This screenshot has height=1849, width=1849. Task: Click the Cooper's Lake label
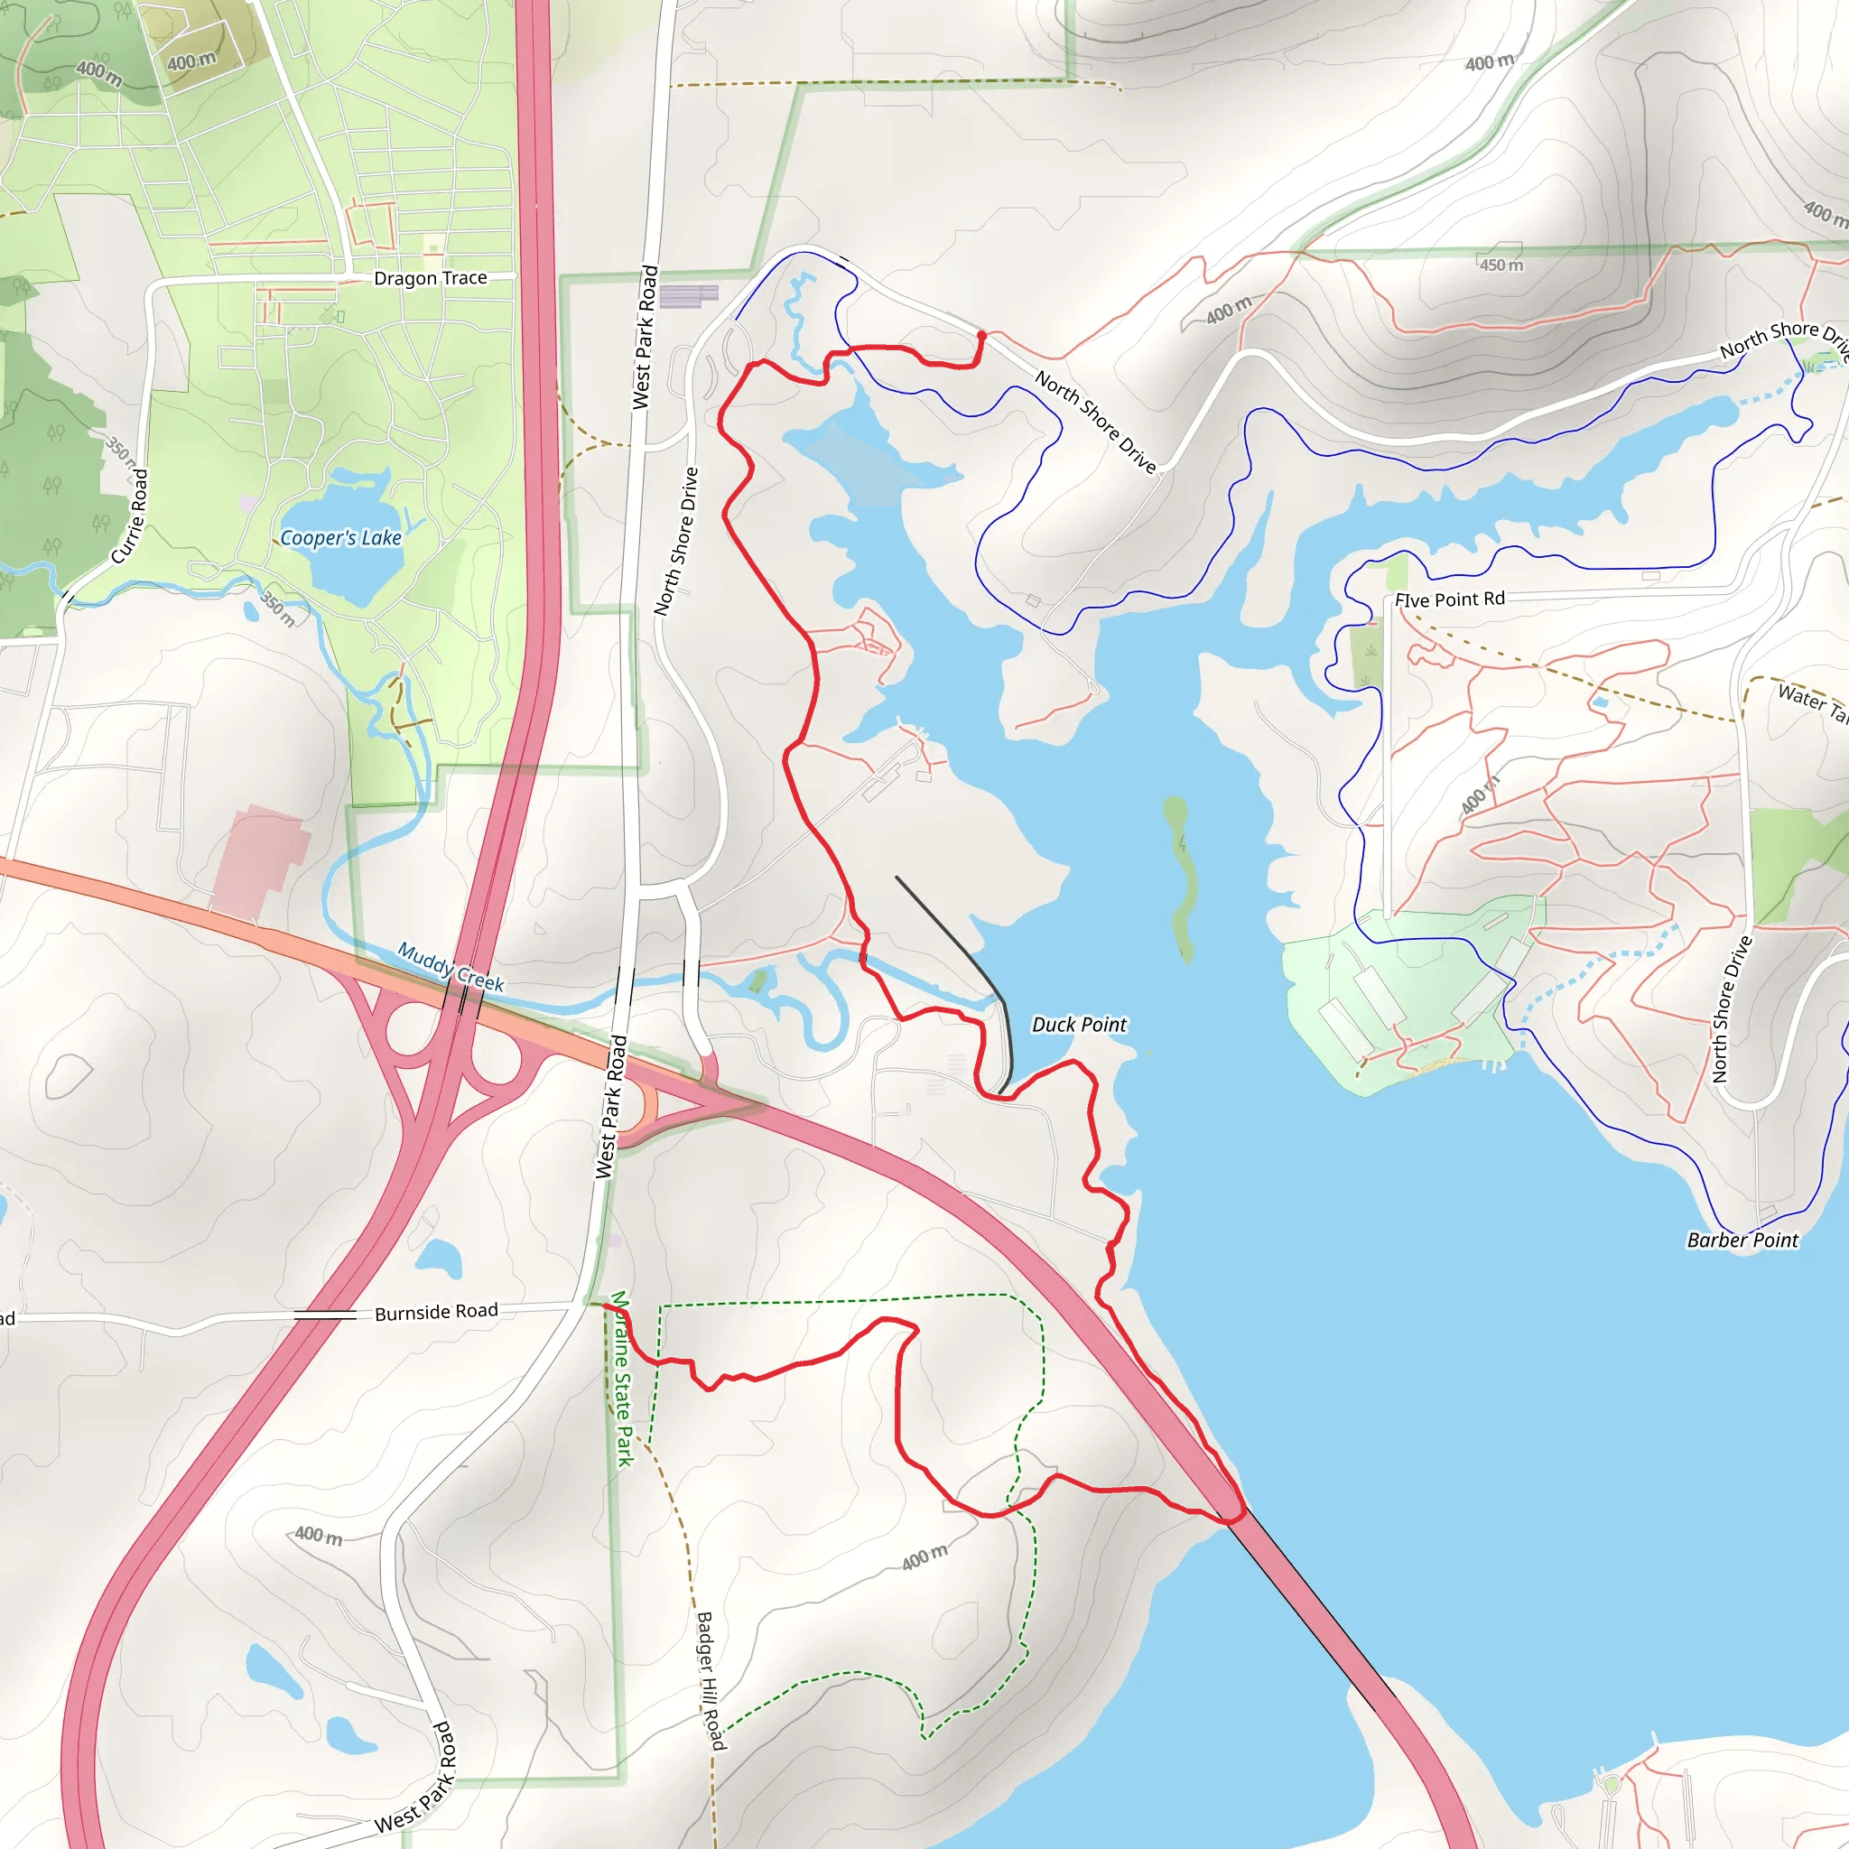340,538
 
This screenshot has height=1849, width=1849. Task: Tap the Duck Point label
1079,1025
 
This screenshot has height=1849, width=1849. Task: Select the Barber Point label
1742,1240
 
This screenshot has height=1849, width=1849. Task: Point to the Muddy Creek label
450,967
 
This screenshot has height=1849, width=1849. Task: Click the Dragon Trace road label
430,278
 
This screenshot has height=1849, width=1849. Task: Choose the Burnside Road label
435,1312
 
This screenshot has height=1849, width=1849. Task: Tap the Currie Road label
130,516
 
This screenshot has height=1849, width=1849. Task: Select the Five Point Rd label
1449,600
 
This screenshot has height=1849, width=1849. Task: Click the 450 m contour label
1501,265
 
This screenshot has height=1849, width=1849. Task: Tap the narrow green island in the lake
1181,876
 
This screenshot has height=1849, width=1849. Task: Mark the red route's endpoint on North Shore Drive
982,335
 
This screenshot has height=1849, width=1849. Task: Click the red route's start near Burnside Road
605,1305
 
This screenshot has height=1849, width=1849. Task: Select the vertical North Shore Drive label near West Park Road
675,541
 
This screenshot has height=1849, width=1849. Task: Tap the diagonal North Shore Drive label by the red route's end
1095,422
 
